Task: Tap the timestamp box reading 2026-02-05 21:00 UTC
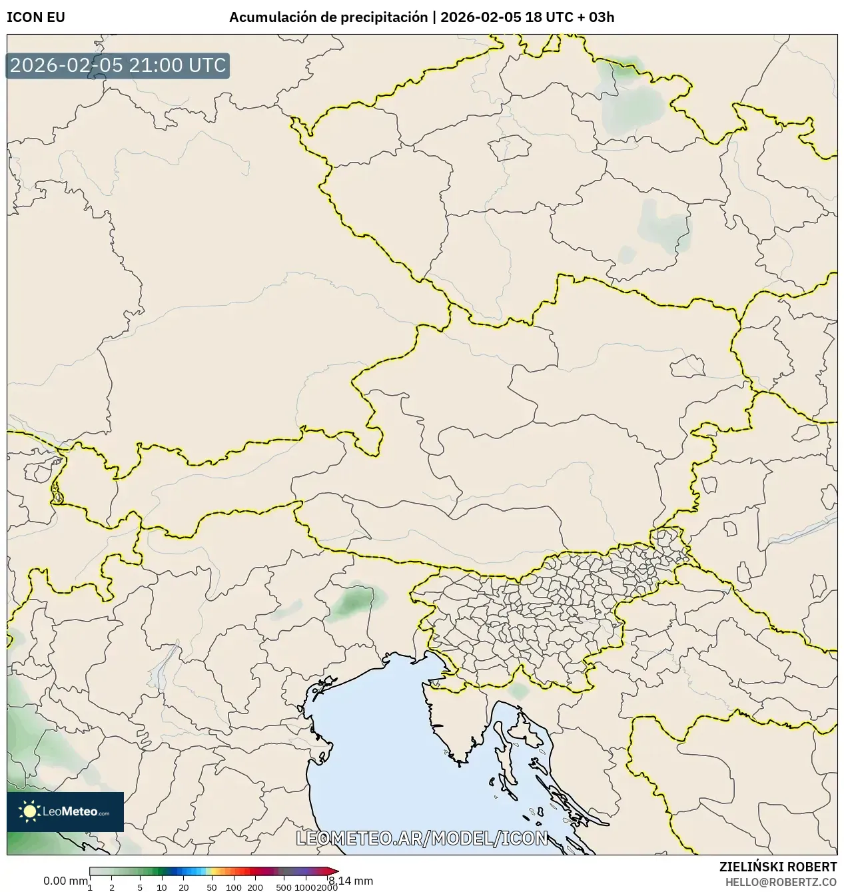tap(118, 65)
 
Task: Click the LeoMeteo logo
tap(65, 811)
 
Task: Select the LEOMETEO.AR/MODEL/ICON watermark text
tap(422, 838)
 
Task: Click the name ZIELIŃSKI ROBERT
tap(778, 867)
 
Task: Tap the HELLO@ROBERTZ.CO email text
tap(781, 881)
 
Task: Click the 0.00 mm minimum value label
tap(65, 881)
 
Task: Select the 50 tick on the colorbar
tap(212, 887)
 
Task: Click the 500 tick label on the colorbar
tap(284, 887)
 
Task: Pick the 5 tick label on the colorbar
tap(140, 887)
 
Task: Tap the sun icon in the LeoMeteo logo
tap(29, 811)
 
